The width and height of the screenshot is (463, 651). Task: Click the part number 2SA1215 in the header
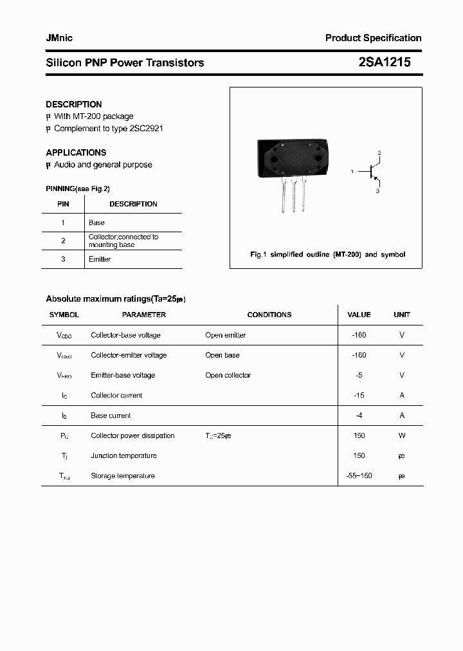[x=384, y=62]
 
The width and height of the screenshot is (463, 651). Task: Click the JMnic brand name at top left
[x=59, y=38]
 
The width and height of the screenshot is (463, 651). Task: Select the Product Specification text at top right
[x=373, y=38]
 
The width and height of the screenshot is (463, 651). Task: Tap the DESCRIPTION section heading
[x=74, y=104]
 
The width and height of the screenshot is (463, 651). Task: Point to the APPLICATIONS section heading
[x=76, y=152]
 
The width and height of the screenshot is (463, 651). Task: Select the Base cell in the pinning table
[x=96, y=223]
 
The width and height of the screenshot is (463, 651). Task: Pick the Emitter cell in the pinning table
[x=100, y=259]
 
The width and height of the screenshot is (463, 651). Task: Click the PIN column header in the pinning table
[x=63, y=204]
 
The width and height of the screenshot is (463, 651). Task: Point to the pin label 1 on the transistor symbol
[x=352, y=172]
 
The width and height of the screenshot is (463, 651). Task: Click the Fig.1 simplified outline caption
[x=327, y=255]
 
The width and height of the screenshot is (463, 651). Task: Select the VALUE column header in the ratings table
[x=359, y=315]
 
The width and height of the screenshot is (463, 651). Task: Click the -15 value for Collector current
[x=359, y=396]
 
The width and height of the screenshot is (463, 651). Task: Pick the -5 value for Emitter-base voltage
[x=359, y=375]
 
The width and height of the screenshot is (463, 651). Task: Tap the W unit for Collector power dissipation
[x=402, y=436]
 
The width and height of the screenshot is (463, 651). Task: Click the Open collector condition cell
[x=228, y=375]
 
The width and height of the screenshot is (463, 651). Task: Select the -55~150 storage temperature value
[x=359, y=476]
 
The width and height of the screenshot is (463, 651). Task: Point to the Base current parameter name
[x=111, y=416]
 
